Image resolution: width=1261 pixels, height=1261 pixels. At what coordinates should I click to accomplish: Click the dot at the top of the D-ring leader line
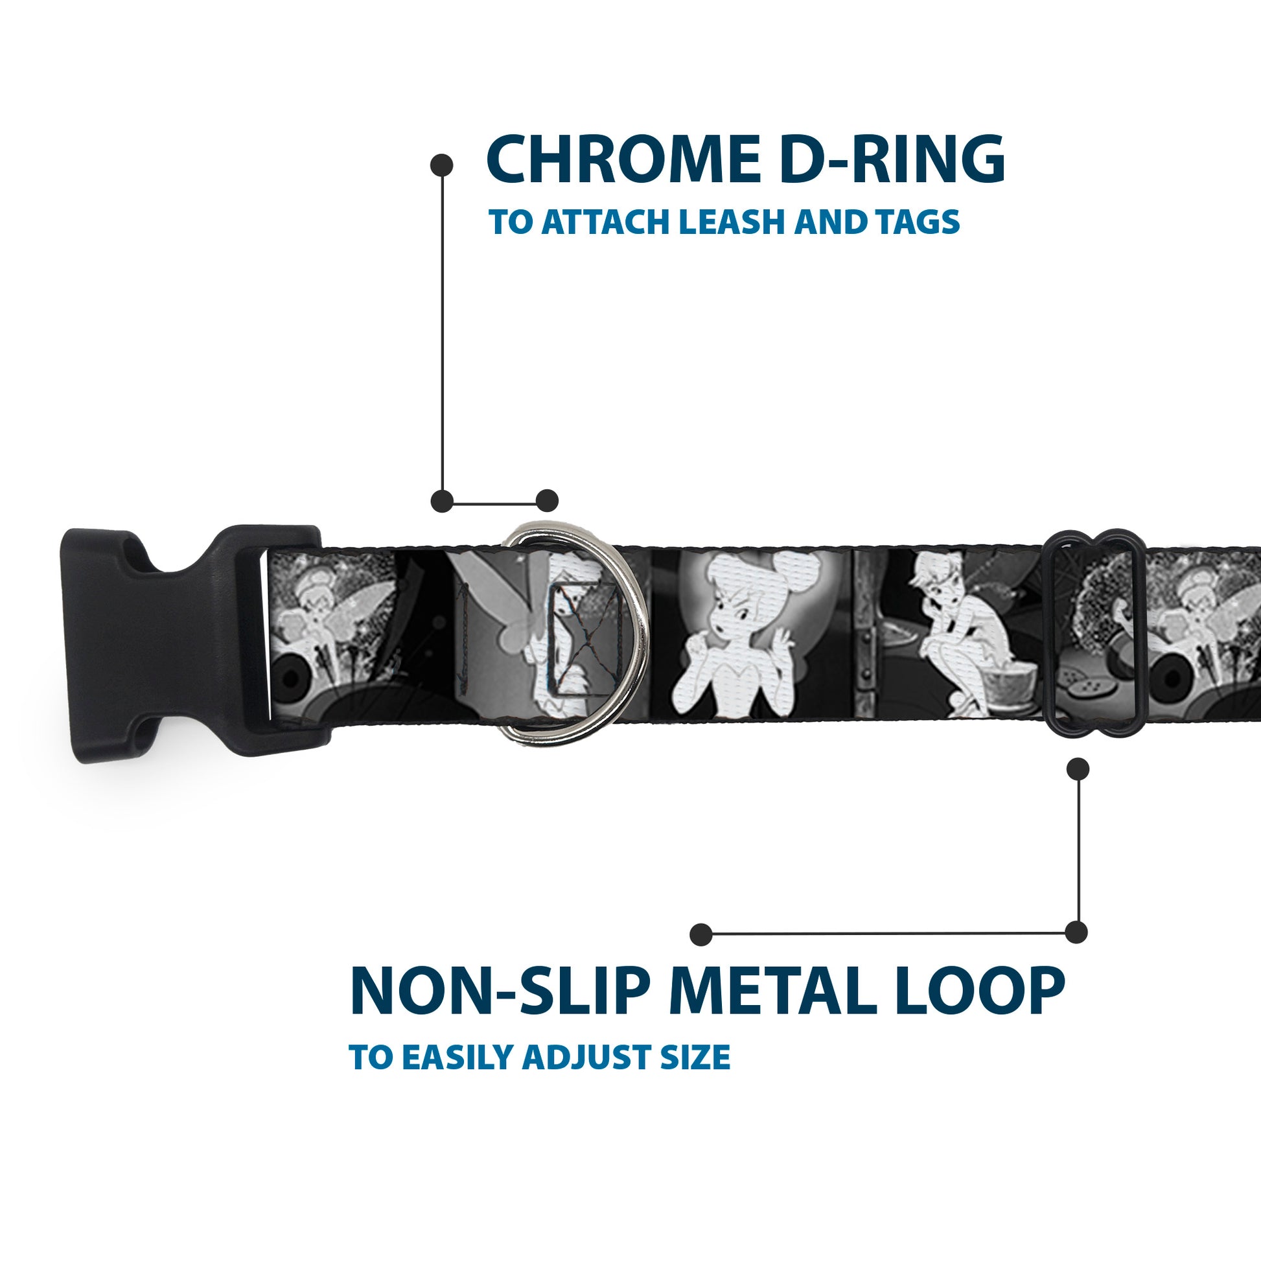443,165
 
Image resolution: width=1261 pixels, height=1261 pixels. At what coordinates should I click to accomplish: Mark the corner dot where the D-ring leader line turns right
443,502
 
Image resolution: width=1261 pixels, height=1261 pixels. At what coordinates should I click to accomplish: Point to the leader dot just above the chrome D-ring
547,502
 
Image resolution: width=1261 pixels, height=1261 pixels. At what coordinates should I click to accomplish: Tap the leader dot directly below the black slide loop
1077,770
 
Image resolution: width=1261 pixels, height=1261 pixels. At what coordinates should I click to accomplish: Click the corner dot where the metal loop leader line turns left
1077,932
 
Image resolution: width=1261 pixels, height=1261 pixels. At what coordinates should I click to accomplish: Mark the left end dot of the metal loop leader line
701,934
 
